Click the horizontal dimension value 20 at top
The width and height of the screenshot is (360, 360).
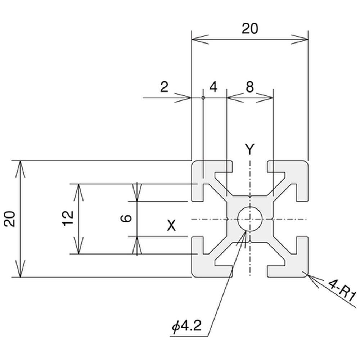250,28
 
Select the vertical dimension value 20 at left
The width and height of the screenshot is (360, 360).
10,219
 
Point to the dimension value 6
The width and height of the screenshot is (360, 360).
126,219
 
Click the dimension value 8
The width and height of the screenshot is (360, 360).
250,87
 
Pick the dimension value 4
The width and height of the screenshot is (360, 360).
213,87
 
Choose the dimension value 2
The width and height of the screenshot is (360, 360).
164,87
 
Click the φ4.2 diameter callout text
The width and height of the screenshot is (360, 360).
187,326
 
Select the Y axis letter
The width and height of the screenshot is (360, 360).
249,149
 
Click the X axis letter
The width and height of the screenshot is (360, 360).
171,225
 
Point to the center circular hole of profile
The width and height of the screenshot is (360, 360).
250,219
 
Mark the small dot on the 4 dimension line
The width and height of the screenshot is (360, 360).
203,98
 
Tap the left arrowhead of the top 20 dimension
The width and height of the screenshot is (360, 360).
200,39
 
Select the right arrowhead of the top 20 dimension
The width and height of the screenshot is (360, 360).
300,39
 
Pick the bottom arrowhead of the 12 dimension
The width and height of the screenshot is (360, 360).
79,246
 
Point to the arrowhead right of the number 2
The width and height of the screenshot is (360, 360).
183,98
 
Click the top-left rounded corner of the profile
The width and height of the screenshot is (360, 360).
194,163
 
